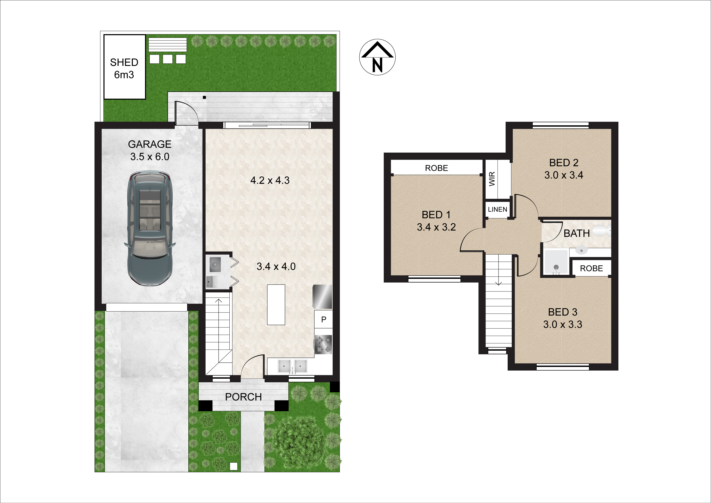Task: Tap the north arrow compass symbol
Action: click(377, 57)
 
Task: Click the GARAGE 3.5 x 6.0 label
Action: click(150, 150)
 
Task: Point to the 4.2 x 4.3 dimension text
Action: click(270, 180)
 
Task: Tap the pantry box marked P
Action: click(324, 319)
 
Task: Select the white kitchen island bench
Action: click(276, 305)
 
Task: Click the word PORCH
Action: click(243, 397)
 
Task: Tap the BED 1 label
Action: click(436, 221)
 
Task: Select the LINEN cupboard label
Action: click(497, 210)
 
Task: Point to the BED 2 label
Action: click(564, 169)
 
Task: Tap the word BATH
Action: click(577, 233)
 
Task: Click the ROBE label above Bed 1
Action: click(436, 168)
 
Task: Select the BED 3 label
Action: click(563, 318)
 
